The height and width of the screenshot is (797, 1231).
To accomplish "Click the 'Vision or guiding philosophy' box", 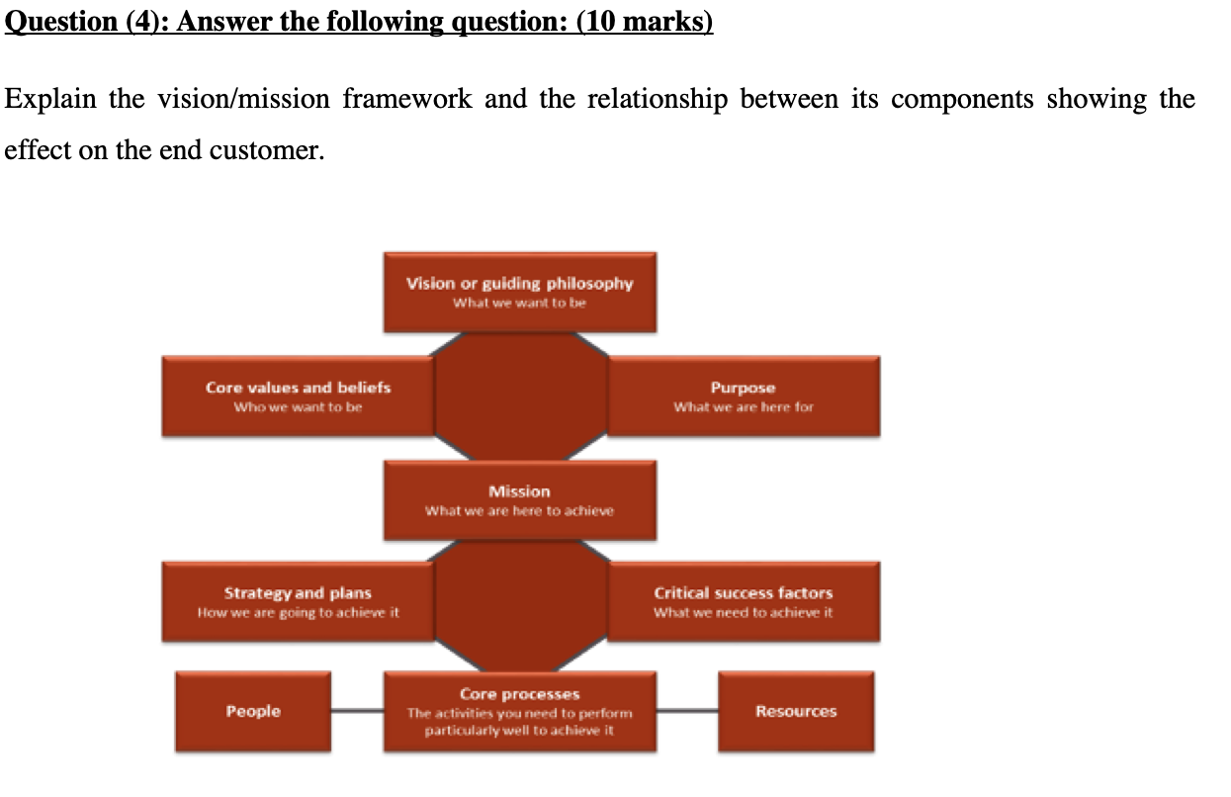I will click(520, 292).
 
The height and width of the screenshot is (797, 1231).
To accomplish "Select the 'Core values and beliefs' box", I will click(298, 397).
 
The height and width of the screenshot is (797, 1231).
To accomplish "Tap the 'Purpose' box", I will click(744, 397).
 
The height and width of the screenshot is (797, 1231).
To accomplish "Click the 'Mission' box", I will click(520, 500).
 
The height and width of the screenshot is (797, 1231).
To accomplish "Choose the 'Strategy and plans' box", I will click(298, 602).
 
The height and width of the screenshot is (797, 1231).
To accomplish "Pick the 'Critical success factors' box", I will click(744, 602).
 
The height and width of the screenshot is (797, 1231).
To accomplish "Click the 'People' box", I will click(253, 711).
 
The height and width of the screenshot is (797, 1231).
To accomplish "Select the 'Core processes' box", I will click(520, 711).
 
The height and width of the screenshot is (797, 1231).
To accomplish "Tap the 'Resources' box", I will click(796, 711).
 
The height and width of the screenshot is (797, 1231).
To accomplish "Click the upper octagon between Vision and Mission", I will click(520, 397).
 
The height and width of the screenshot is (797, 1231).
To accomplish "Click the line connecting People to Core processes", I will click(357, 710).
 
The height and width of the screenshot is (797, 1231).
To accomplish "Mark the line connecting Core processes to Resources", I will click(687, 710).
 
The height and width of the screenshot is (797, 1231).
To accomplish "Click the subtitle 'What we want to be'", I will click(520, 303).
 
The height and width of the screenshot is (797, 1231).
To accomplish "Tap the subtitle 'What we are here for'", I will click(744, 406).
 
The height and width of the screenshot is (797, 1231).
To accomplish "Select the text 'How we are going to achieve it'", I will click(298, 613).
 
